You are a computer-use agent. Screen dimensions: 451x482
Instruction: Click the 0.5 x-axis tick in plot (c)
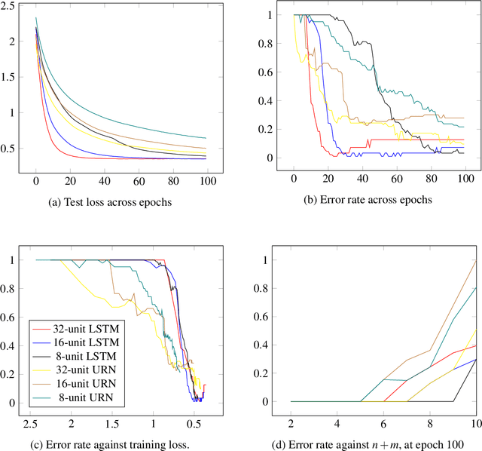[194, 424]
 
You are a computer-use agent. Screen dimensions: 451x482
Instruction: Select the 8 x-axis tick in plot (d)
[430, 424]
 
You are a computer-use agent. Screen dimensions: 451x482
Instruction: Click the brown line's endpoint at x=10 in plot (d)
[476, 260]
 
